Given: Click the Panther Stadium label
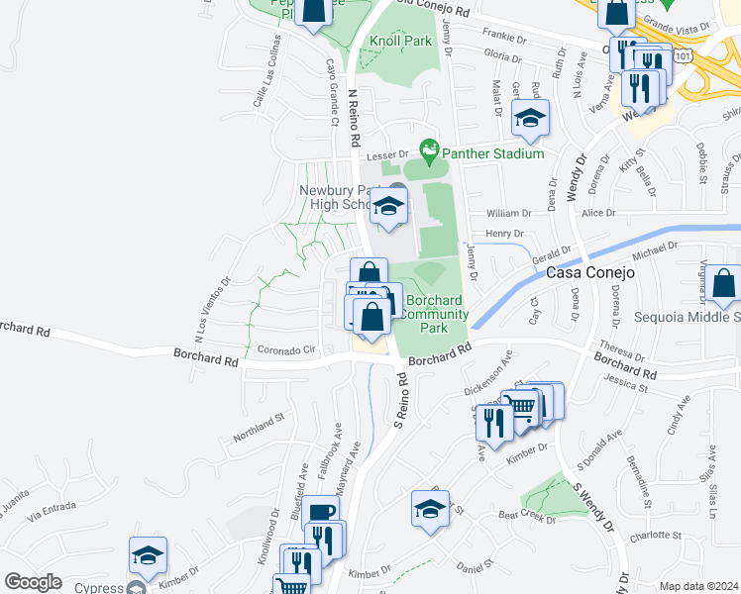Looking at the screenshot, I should [492, 153].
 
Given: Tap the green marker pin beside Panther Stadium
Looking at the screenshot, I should [429, 152].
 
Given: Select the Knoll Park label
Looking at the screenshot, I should [400, 42].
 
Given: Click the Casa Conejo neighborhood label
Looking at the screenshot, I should [590, 270].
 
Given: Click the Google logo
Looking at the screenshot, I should [33, 582].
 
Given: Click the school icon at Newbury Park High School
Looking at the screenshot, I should [388, 208].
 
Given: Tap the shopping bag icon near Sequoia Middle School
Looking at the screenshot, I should [725, 285].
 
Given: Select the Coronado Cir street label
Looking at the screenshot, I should [286, 349].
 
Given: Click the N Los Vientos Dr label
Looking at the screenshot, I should [211, 309].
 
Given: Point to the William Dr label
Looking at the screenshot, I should [509, 213].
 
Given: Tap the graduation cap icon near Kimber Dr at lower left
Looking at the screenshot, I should [148, 556].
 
